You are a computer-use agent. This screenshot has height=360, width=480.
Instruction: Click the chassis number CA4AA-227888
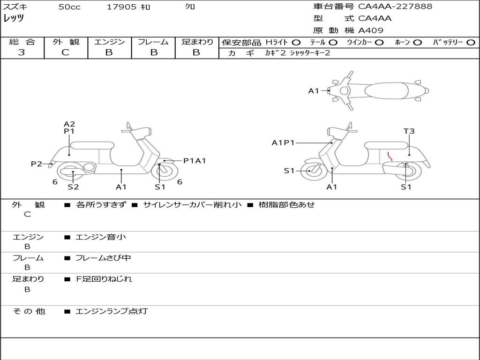point(395,7)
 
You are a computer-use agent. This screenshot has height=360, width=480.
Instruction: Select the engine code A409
point(371,30)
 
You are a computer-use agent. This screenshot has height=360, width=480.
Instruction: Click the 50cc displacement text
point(69,7)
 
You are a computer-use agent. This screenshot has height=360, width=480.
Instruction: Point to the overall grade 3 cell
point(22,52)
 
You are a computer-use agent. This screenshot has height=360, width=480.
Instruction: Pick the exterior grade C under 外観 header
point(66,52)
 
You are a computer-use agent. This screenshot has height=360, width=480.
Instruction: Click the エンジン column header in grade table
point(110,42)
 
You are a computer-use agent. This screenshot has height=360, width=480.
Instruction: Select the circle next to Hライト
point(296,43)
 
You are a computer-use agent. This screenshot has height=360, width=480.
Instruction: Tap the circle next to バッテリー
point(471,43)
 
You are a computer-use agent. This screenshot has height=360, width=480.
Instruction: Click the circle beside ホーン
point(418,43)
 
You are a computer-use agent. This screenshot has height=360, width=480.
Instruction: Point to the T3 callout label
point(409,131)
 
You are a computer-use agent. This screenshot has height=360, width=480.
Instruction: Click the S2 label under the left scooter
point(73,187)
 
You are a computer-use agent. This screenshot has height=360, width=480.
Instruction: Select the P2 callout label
point(37,164)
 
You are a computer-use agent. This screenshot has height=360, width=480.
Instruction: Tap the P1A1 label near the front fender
point(195,161)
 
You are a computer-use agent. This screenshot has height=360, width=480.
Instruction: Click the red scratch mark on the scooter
point(390,156)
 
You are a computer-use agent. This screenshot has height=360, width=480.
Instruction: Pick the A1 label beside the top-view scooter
point(314,91)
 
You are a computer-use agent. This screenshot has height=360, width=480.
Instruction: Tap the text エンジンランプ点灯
point(112,311)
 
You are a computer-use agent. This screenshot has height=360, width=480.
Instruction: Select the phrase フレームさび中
point(103,258)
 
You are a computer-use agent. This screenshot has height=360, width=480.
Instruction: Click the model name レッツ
point(14,19)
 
